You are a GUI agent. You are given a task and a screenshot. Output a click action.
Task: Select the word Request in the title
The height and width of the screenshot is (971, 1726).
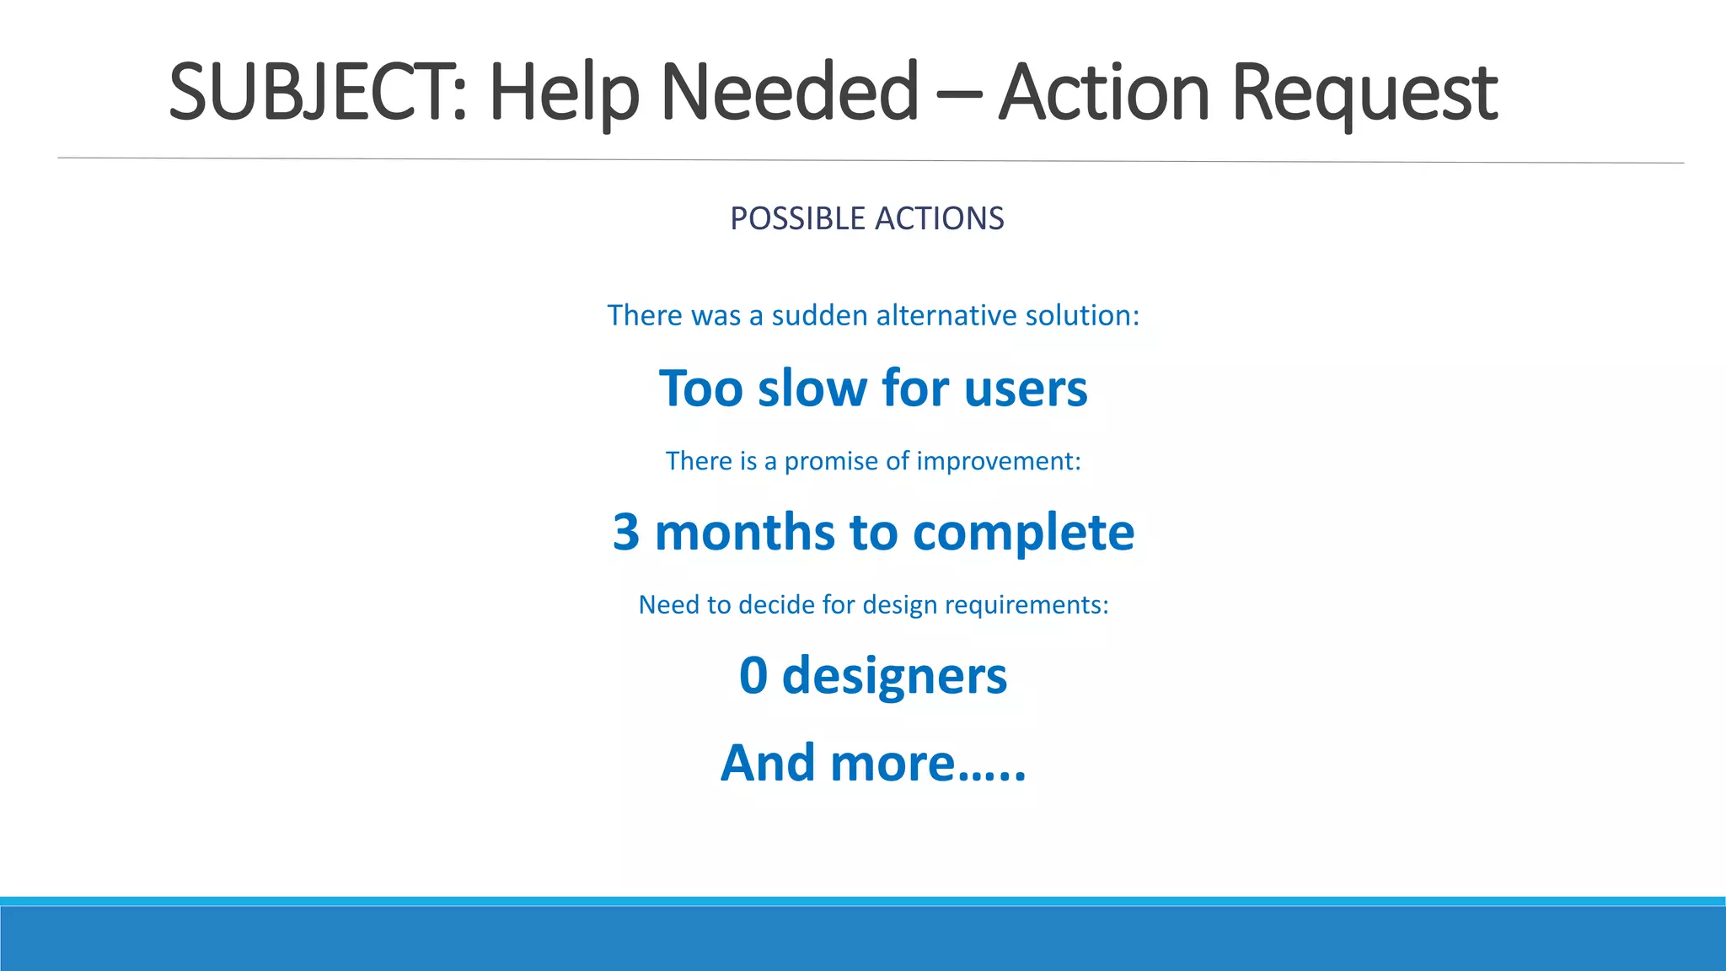click(1364, 93)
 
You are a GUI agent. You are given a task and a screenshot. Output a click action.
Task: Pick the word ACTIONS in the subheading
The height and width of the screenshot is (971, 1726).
click(940, 218)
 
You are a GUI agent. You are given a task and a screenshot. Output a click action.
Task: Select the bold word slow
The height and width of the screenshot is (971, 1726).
click(812, 389)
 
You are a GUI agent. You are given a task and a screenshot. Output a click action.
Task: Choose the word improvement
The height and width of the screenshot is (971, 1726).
click(998, 461)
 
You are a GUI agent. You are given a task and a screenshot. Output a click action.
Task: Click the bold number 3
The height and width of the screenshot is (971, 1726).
click(626, 532)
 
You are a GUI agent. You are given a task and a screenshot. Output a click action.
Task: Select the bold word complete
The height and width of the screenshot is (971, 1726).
click(1023, 534)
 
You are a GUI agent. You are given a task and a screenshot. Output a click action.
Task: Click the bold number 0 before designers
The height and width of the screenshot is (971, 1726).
click(753, 675)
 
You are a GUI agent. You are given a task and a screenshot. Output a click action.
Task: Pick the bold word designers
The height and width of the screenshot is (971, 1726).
click(894, 677)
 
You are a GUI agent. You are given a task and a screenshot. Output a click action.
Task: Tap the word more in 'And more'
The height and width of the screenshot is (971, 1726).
click(892, 763)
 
